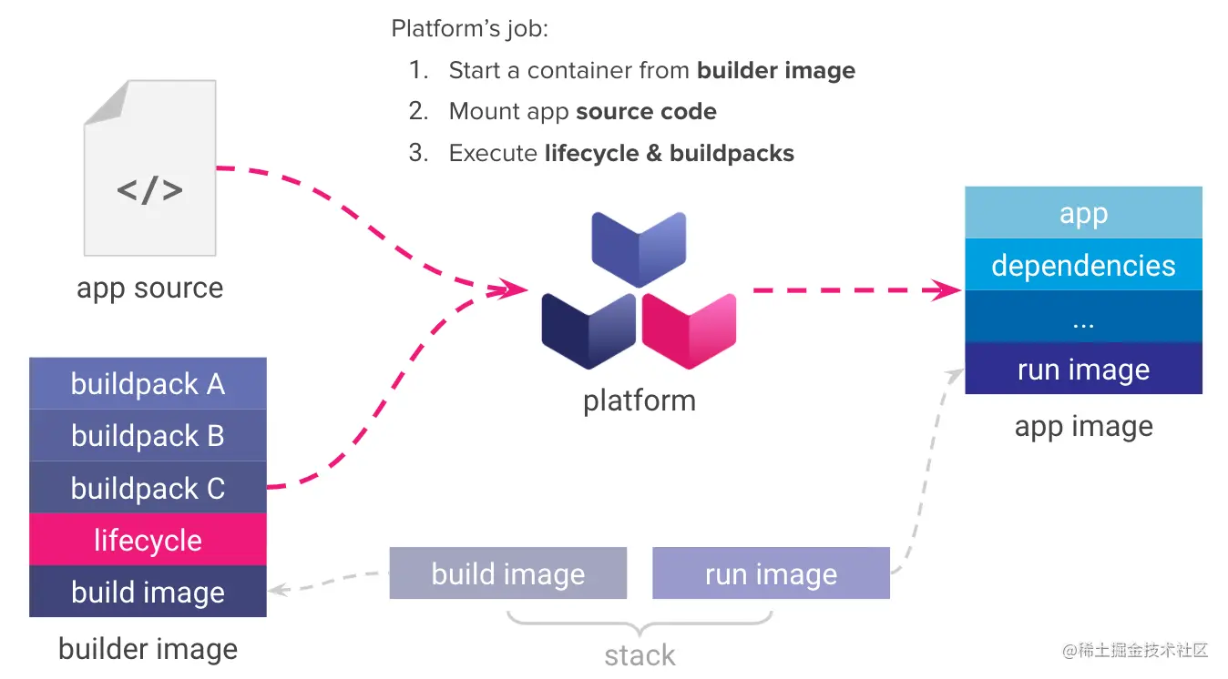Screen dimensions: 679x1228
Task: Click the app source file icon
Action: point(149,168)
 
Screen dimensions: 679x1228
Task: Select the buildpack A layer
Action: point(148,384)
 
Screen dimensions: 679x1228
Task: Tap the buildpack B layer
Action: point(148,436)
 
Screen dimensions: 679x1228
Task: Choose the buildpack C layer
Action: point(148,488)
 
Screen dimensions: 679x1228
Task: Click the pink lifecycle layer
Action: point(148,540)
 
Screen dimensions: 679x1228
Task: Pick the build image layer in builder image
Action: point(148,592)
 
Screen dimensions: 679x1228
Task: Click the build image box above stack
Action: point(507,573)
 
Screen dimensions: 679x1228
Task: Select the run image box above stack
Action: point(771,573)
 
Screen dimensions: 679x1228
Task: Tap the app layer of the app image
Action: point(1083,213)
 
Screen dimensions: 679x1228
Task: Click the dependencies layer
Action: point(1083,265)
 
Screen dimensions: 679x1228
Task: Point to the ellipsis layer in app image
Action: point(1083,318)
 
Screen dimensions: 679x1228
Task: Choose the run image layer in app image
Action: point(1083,369)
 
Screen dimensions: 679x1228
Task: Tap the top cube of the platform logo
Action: point(639,248)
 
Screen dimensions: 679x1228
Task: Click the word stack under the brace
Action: point(640,654)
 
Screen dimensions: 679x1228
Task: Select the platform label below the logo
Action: point(639,400)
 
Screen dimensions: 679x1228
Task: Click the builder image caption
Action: point(148,648)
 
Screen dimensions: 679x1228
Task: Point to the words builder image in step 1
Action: point(776,70)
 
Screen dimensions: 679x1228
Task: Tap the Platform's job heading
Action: point(469,28)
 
